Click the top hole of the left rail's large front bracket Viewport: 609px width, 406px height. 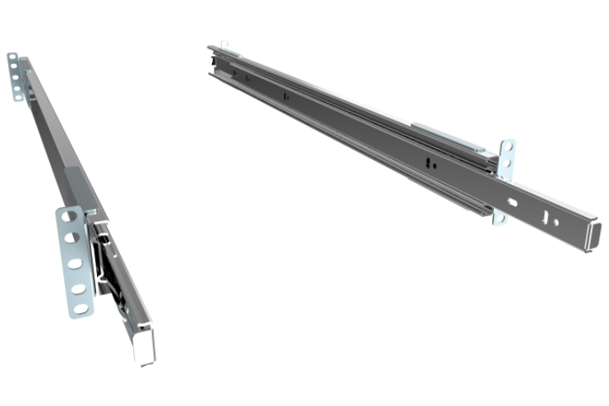pos(70,219)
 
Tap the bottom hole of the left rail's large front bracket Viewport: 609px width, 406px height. pos(81,308)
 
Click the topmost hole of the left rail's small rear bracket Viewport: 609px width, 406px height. pos(12,58)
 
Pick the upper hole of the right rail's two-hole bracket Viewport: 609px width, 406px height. pos(510,149)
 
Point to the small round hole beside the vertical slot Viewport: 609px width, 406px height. pos(556,223)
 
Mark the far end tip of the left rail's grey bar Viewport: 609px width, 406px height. pos(25,61)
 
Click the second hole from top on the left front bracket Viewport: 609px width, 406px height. pos(72,240)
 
